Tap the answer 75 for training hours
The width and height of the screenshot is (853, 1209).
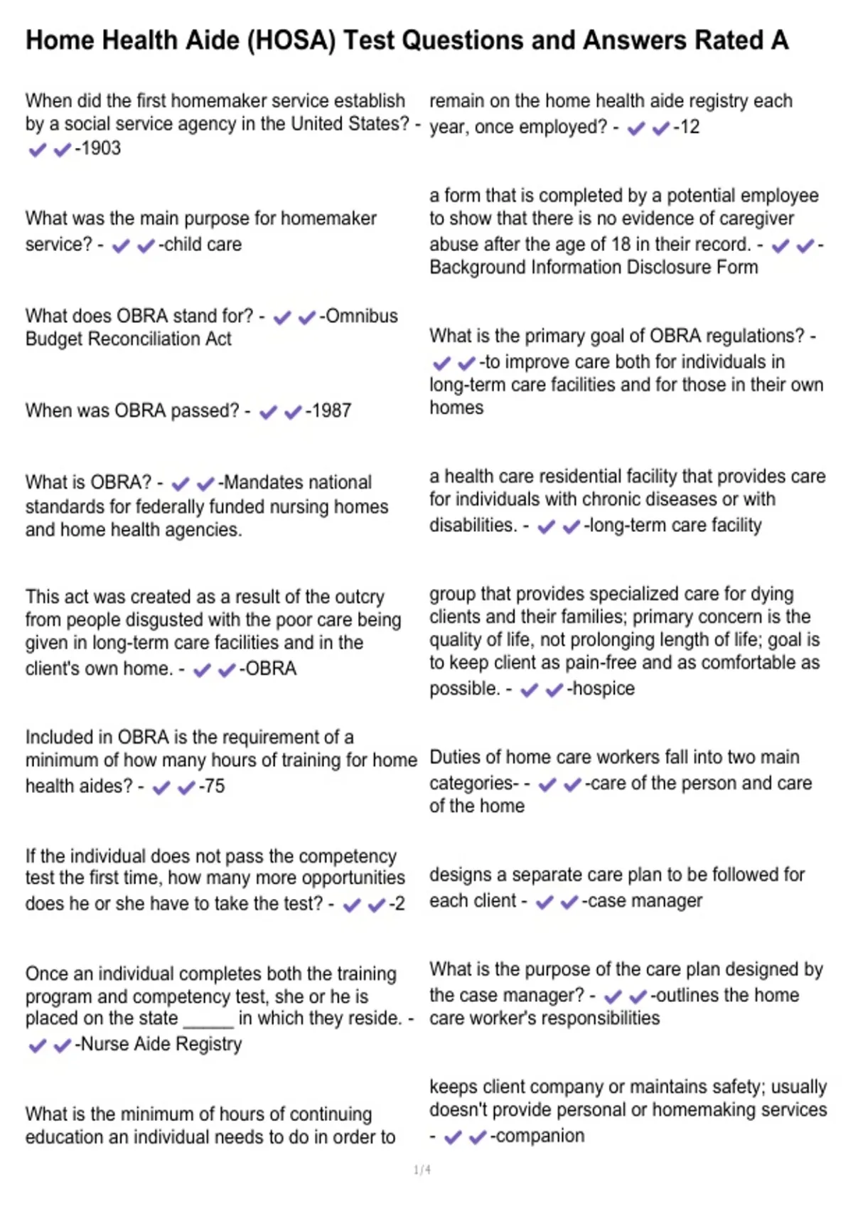[x=214, y=787]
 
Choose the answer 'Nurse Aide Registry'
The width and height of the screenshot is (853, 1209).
[x=161, y=1045]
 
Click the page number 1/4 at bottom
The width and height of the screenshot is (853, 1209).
[x=422, y=1170]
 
